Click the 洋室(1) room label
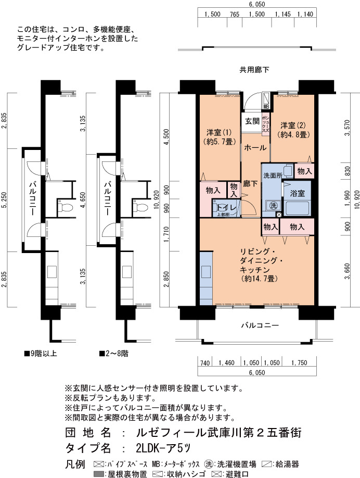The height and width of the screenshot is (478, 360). pyautogui.click(x=219, y=133)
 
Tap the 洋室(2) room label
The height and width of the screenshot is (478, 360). pyautogui.click(x=293, y=125)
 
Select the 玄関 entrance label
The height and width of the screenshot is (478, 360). pyautogui.click(x=252, y=121)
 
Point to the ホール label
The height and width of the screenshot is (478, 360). pyautogui.click(x=255, y=148)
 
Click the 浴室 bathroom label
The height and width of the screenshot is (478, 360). pyautogui.click(x=297, y=193)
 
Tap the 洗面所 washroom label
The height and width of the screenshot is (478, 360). pyautogui.click(x=273, y=175)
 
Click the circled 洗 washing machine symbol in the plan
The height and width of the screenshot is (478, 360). pyautogui.click(x=274, y=206)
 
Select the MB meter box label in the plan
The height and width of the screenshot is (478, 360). pyautogui.click(x=266, y=107)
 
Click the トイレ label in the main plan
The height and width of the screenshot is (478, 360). pyautogui.click(x=226, y=208)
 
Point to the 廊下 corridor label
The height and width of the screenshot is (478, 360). pyautogui.click(x=250, y=184)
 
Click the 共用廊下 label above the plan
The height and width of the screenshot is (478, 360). pyautogui.click(x=254, y=70)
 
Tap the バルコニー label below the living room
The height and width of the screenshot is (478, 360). pyautogui.click(x=260, y=325)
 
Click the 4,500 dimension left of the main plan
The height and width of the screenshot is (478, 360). pyautogui.click(x=166, y=136)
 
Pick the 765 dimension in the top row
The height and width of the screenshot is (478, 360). pyautogui.click(x=235, y=15)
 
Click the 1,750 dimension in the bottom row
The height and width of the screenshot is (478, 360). pyautogui.click(x=299, y=363)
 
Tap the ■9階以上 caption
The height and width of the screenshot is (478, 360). pyautogui.click(x=41, y=354)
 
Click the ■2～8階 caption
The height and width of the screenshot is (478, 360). pyautogui.click(x=113, y=354)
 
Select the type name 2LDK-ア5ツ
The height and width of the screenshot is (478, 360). pyautogui.click(x=163, y=448)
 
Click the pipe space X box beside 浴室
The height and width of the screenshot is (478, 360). pyautogui.click(x=279, y=215)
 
